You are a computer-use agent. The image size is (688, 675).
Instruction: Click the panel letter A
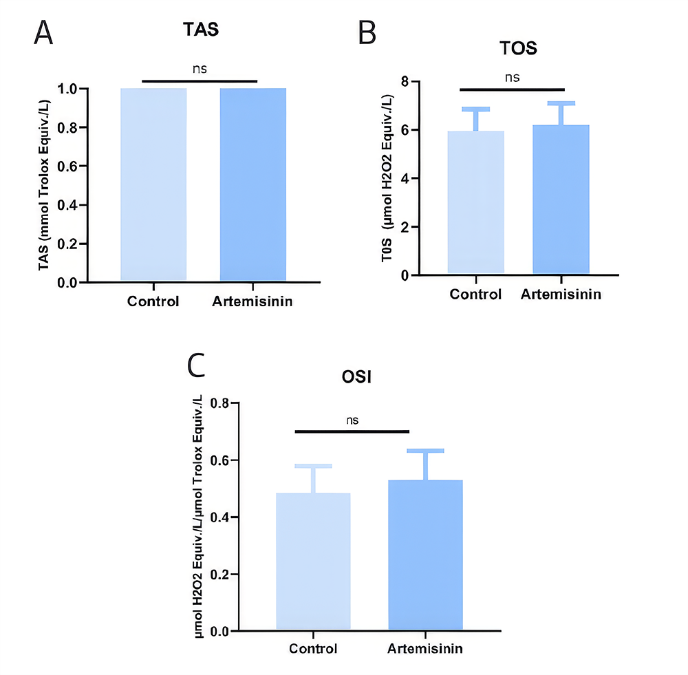click(x=44, y=32)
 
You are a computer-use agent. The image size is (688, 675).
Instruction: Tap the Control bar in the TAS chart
click(x=153, y=184)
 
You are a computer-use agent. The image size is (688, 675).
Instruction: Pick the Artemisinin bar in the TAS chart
click(x=252, y=184)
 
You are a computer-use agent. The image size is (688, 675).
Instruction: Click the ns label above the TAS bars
click(x=200, y=69)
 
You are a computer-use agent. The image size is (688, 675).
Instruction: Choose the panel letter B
click(x=367, y=32)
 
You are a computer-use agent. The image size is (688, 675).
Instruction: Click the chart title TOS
click(x=517, y=49)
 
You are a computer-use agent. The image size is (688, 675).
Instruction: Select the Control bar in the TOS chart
click(x=475, y=202)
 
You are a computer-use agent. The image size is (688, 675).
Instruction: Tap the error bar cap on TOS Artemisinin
click(x=561, y=103)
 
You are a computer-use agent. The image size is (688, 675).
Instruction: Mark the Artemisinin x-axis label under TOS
click(x=561, y=294)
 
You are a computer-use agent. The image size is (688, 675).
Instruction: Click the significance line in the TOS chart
click(x=511, y=89)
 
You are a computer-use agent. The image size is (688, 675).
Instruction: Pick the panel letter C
click(x=197, y=367)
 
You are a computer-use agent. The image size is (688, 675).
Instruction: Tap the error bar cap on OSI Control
click(x=313, y=466)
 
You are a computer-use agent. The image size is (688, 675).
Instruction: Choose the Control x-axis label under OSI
click(x=313, y=649)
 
